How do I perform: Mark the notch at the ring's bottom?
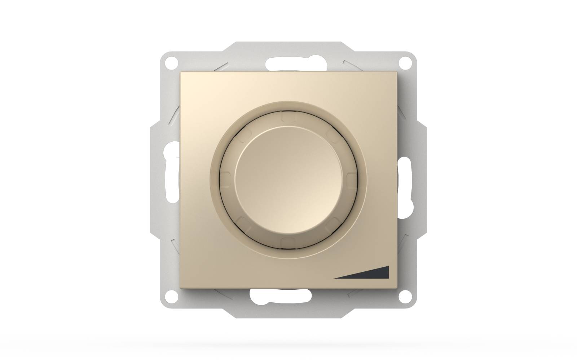coord(288,240)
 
